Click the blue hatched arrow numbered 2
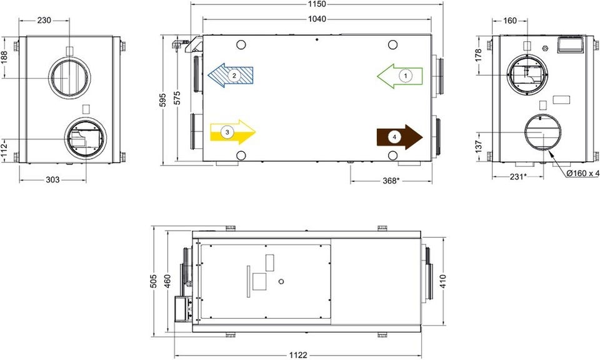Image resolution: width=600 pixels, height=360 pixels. point(231,76)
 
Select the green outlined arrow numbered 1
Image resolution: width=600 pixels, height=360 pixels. point(400,76)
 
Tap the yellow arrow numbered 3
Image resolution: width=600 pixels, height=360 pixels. point(232,132)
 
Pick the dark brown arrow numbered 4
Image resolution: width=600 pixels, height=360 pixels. point(400,137)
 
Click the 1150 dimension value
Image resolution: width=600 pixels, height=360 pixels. point(317,4)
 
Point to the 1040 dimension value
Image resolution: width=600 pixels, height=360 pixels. point(317,19)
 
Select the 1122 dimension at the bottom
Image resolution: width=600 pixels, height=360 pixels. point(298,355)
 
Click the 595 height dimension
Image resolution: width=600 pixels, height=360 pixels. point(162,100)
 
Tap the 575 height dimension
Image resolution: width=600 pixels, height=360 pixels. point(177,98)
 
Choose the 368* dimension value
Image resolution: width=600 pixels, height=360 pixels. point(391,181)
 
